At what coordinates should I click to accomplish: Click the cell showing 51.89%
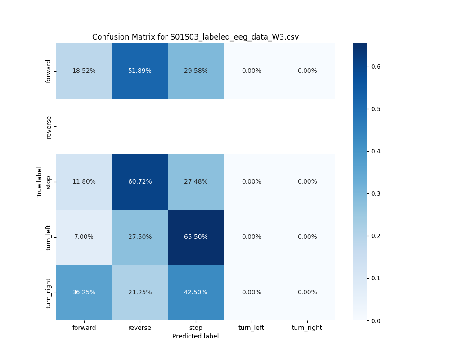(140, 71)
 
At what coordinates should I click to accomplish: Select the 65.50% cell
(196, 237)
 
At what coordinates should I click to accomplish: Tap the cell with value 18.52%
(84, 71)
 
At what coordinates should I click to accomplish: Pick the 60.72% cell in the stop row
(140, 181)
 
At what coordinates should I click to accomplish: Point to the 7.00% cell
(84, 237)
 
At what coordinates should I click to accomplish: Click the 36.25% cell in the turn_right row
(84, 292)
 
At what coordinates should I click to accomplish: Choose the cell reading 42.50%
(196, 292)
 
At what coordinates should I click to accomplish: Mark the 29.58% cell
(196, 71)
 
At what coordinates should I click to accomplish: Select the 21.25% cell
(140, 292)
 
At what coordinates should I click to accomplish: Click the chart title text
(195, 37)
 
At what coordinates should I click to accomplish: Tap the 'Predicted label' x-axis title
(195, 336)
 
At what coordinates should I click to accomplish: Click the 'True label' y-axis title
(40, 182)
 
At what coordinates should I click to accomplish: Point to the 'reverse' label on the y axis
(49, 126)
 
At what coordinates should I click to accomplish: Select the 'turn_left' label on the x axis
(251, 328)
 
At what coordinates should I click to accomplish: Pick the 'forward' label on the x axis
(84, 328)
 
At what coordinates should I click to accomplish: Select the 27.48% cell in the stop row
(196, 181)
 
